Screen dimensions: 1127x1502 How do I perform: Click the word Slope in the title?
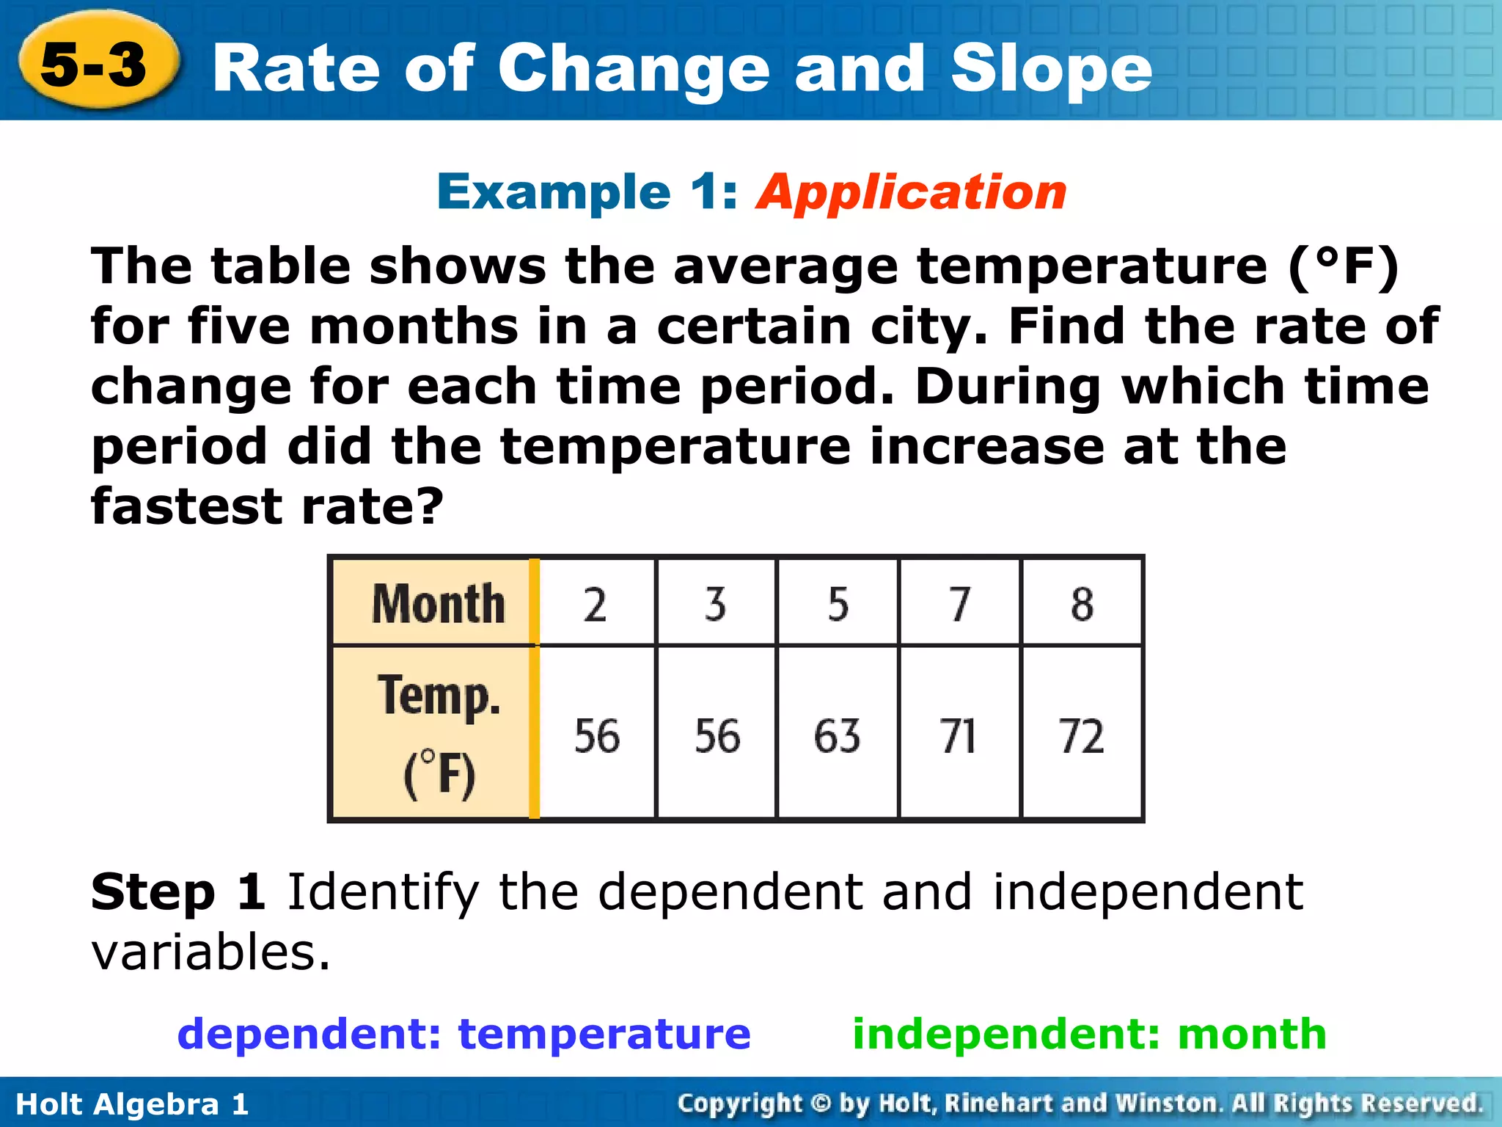[x=1051, y=69]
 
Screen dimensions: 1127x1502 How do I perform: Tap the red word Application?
[x=912, y=192]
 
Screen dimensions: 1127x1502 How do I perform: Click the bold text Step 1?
[x=178, y=892]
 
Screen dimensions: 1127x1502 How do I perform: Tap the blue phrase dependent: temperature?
[x=464, y=1034]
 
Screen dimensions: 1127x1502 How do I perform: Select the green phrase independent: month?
[x=1089, y=1034]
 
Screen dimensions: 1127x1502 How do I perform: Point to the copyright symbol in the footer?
[x=821, y=1103]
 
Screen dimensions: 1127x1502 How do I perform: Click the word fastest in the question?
[x=186, y=506]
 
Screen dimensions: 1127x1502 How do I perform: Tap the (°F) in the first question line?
[x=1344, y=266]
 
